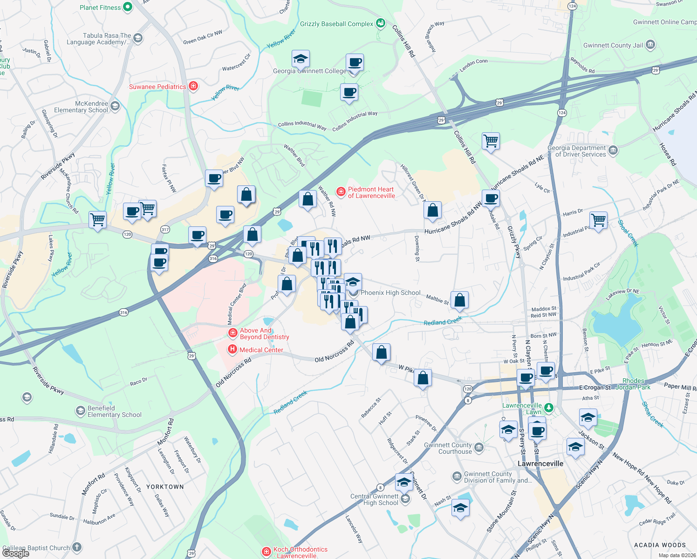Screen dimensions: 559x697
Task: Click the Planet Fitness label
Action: [x=100, y=7]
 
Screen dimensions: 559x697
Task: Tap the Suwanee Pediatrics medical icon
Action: [x=194, y=87]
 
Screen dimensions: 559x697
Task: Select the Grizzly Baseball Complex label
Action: [x=336, y=24]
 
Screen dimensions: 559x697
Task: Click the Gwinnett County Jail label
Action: [x=613, y=45]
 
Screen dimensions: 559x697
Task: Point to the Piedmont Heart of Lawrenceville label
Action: [x=371, y=192]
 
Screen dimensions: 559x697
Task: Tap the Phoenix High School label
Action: [x=390, y=293]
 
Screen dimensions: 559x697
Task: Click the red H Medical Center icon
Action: [x=232, y=350]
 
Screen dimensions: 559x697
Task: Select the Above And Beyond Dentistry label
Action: [x=264, y=334]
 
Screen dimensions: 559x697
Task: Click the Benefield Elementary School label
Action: [x=114, y=411]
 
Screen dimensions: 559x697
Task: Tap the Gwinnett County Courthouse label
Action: [x=448, y=448]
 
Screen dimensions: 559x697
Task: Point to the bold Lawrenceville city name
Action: [x=540, y=464]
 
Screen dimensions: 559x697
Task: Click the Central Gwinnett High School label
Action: [x=375, y=499]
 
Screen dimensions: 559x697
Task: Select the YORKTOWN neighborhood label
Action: [x=165, y=487]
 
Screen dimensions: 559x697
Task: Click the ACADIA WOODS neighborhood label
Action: [x=660, y=545]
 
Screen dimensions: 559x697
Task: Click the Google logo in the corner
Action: [x=16, y=553]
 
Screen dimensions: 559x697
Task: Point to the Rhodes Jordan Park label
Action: [x=633, y=384]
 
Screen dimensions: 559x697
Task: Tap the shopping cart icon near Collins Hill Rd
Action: [x=491, y=140]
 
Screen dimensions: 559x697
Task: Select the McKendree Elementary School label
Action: [x=81, y=107]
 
